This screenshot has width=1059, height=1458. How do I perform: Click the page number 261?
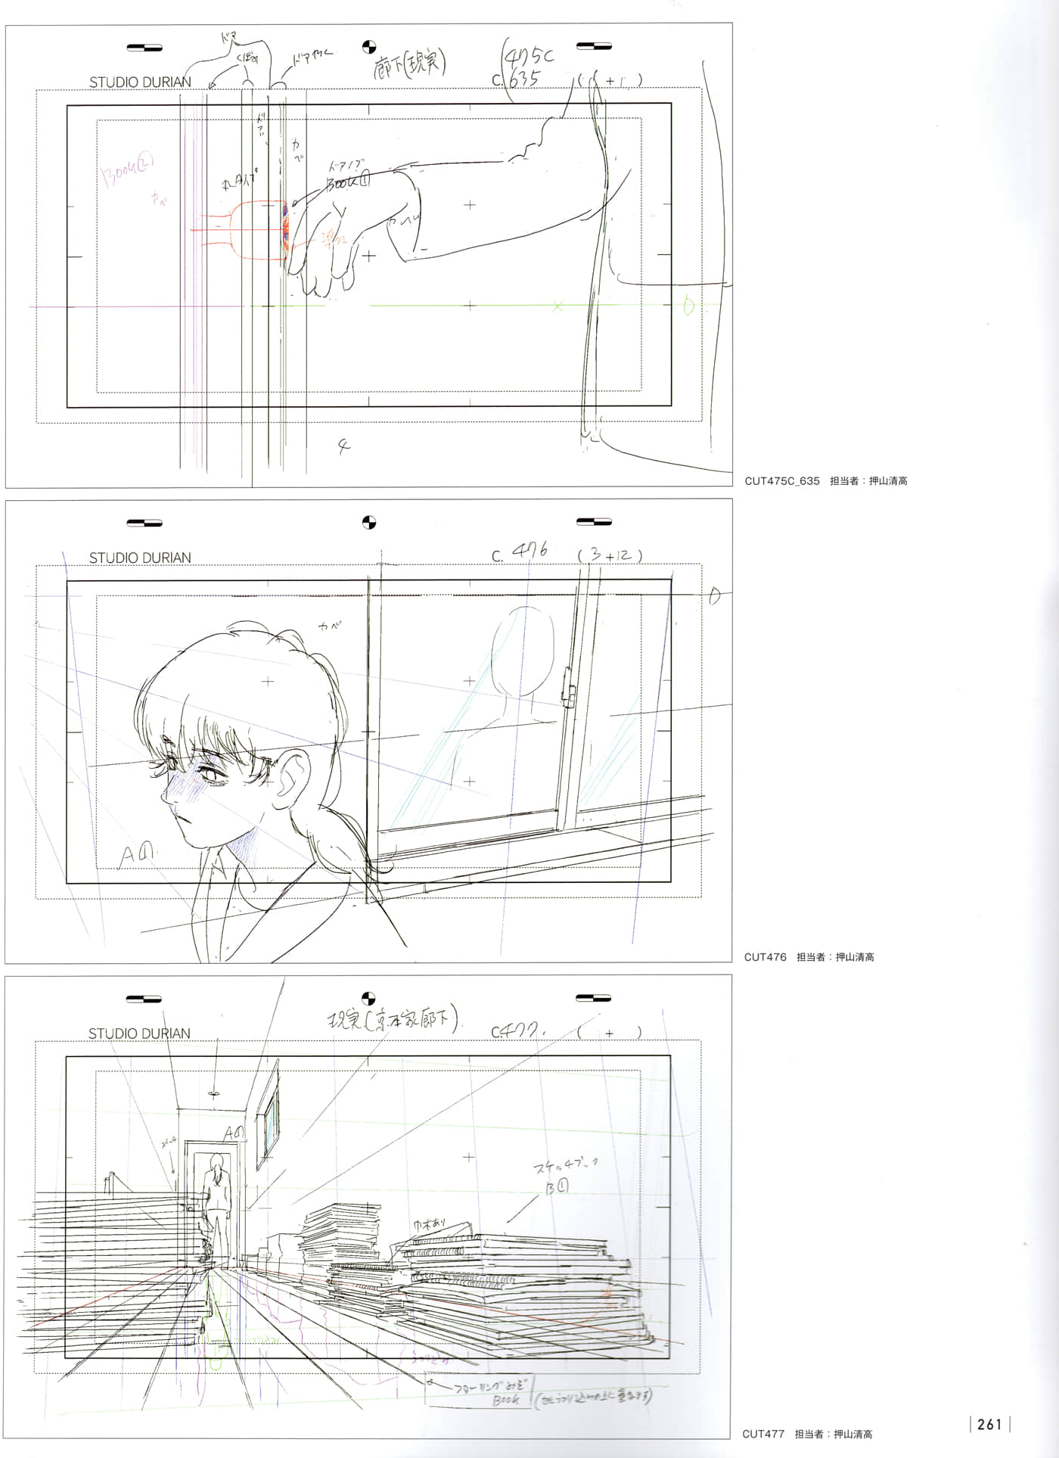(989, 1425)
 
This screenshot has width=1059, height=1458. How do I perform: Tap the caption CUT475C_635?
(781, 481)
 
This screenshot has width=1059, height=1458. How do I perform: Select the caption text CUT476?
(765, 957)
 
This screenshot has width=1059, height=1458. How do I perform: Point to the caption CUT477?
(763, 1434)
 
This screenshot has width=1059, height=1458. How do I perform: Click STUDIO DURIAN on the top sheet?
(140, 82)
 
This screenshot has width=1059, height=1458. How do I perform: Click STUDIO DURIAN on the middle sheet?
(140, 558)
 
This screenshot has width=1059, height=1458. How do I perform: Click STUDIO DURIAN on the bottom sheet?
(139, 1034)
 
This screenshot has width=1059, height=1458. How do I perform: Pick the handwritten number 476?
(529, 552)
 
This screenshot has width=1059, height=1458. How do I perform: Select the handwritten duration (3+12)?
(610, 555)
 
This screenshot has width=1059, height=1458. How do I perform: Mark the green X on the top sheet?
(557, 306)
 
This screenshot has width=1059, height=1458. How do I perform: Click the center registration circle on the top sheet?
(369, 47)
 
